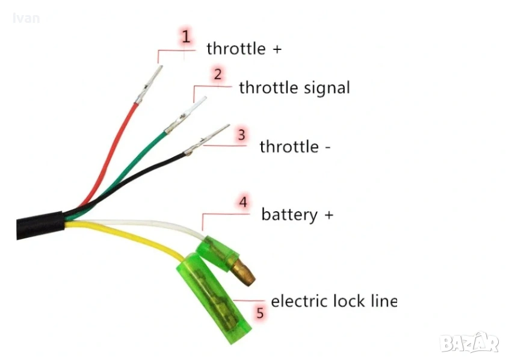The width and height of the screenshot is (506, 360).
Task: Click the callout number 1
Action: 186,36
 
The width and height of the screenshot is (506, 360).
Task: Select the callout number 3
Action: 241,134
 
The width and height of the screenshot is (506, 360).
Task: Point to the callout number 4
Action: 243,202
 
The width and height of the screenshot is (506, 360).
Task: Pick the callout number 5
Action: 260,313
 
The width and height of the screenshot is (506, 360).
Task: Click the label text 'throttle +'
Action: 244,49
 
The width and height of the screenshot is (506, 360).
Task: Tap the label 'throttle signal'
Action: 294,88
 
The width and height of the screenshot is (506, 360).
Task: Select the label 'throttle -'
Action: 295,146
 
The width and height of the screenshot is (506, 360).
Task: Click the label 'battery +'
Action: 297,214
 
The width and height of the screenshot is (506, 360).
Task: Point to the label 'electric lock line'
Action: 334,300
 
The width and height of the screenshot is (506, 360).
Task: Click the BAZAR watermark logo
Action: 469,343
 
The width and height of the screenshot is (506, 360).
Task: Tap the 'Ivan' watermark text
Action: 26,18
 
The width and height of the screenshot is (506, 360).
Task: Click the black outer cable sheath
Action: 39,224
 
